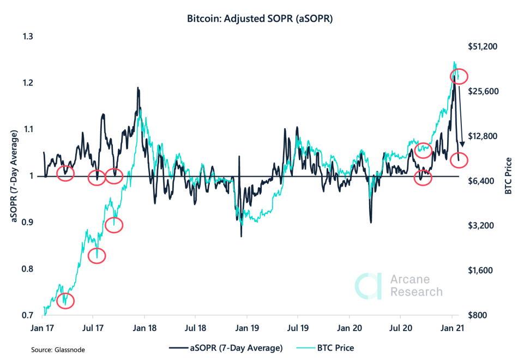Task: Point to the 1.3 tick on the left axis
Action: coord(27,37)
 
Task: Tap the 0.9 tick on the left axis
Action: coord(27,223)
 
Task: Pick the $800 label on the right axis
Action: coord(483,316)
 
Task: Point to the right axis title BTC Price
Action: coord(509,176)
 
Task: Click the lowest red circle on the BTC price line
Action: coord(64,300)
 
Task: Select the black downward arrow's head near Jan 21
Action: coord(462,145)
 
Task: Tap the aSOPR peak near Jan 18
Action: coord(138,88)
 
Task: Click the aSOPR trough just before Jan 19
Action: coord(241,236)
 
